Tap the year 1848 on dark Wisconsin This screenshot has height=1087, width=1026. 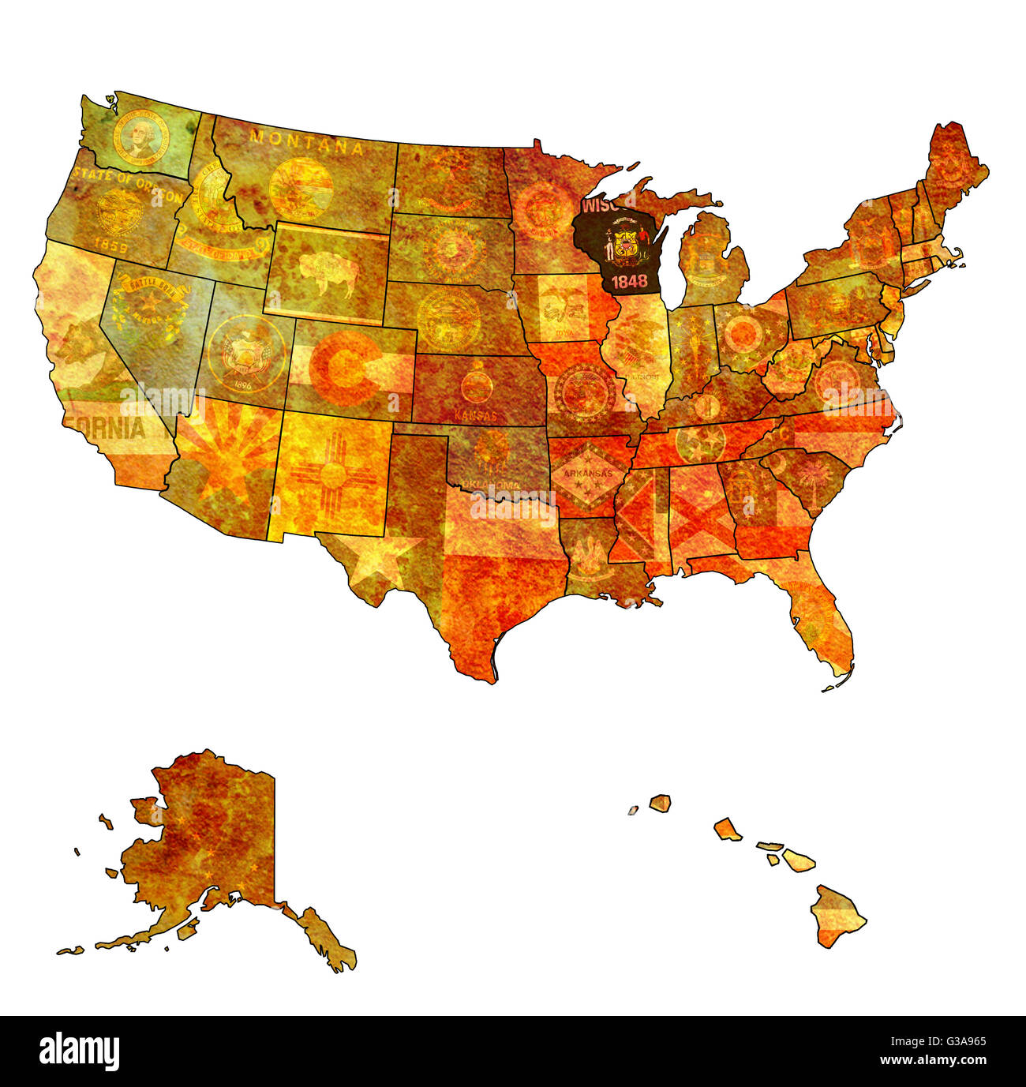[x=629, y=281]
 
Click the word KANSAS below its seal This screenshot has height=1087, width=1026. [x=476, y=414]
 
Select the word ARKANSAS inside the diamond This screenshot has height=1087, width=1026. [x=582, y=474]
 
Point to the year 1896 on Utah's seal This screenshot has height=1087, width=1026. [x=243, y=386]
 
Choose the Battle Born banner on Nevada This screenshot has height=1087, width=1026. [x=150, y=295]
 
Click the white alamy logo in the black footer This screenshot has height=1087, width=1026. [x=79, y=1051]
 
